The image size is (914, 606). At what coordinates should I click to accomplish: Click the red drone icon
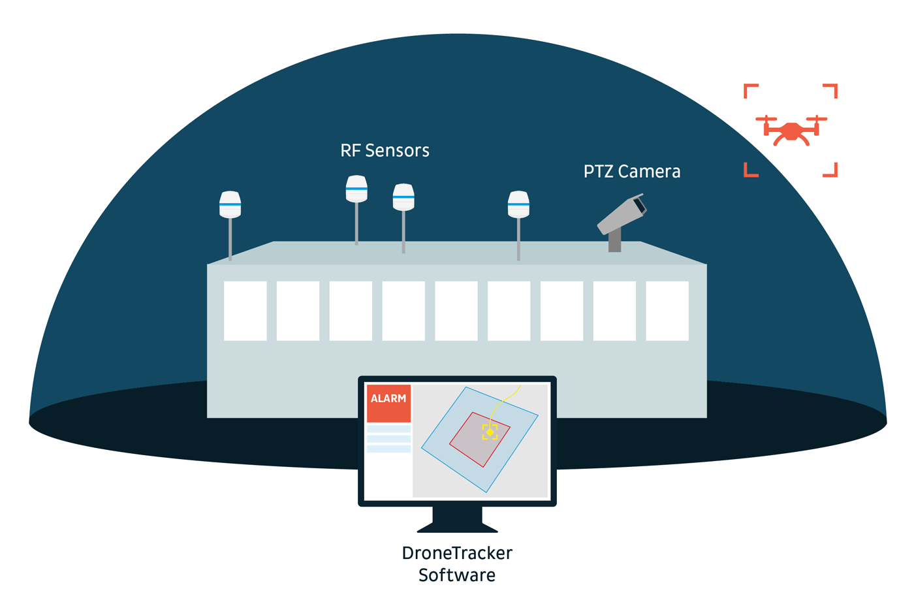tap(791, 130)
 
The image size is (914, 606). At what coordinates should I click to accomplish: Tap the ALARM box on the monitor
tap(388, 403)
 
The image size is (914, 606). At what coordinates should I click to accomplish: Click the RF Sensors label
tap(385, 151)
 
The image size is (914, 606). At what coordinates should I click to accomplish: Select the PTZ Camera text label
tap(631, 172)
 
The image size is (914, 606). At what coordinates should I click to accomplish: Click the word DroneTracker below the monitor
tap(457, 553)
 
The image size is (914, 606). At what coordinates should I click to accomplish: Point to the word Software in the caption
tap(457, 575)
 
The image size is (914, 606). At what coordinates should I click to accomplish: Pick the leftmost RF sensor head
tap(230, 204)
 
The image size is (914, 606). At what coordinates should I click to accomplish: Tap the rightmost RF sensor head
tap(518, 204)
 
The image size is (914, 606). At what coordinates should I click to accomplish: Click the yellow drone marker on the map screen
tap(490, 432)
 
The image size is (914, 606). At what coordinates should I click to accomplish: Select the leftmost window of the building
tap(245, 311)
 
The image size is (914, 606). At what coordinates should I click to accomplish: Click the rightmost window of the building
tap(667, 311)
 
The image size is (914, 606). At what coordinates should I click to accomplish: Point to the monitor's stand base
tap(457, 526)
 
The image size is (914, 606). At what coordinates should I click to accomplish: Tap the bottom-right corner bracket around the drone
tap(832, 171)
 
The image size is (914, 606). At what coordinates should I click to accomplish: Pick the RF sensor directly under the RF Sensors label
tap(356, 189)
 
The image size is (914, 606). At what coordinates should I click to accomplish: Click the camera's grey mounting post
tap(614, 241)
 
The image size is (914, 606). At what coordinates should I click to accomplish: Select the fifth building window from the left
tap(456, 311)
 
